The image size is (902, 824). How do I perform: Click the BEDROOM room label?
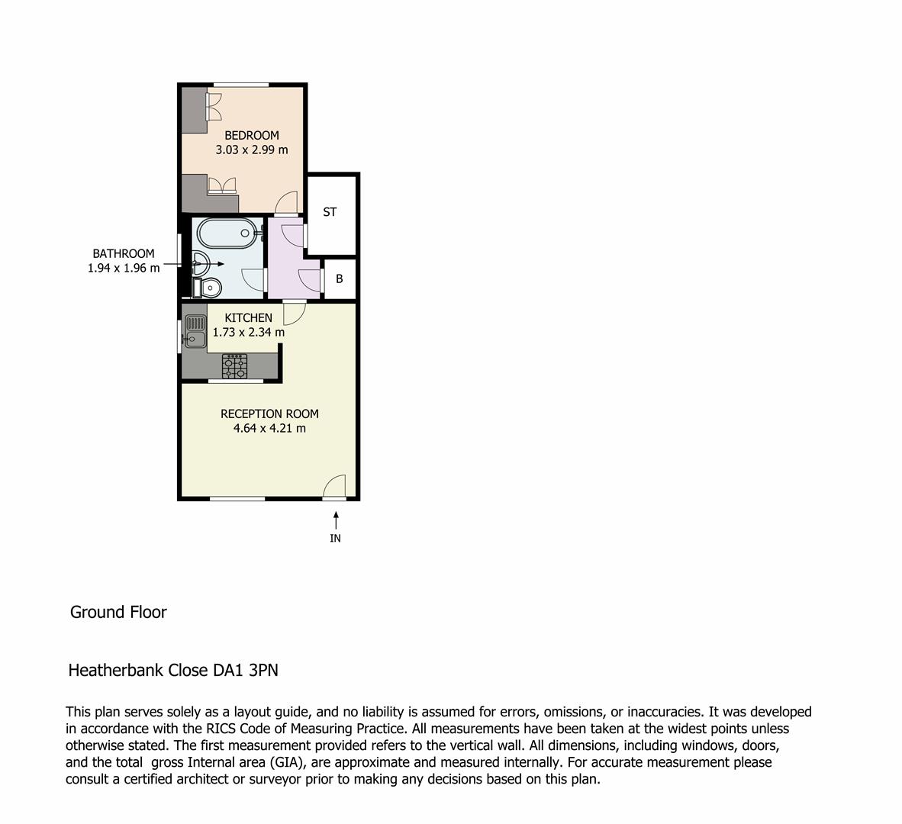click(251, 135)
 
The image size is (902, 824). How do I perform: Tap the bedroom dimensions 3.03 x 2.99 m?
click(251, 150)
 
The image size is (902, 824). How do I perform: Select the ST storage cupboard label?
click(330, 212)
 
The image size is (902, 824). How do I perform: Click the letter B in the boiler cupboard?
click(340, 278)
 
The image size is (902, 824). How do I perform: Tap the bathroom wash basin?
click(199, 263)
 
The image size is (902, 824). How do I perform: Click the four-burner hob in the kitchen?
click(234, 366)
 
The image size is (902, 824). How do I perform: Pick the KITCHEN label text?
click(248, 317)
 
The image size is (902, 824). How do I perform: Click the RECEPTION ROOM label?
click(269, 414)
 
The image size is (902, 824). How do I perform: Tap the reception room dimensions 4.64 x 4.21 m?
click(269, 429)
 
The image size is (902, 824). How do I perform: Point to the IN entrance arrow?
click(335, 521)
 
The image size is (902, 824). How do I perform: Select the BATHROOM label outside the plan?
click(124, 253)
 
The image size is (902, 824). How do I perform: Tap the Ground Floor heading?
click(118, 612)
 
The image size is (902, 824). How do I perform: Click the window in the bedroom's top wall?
click(240, 84)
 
